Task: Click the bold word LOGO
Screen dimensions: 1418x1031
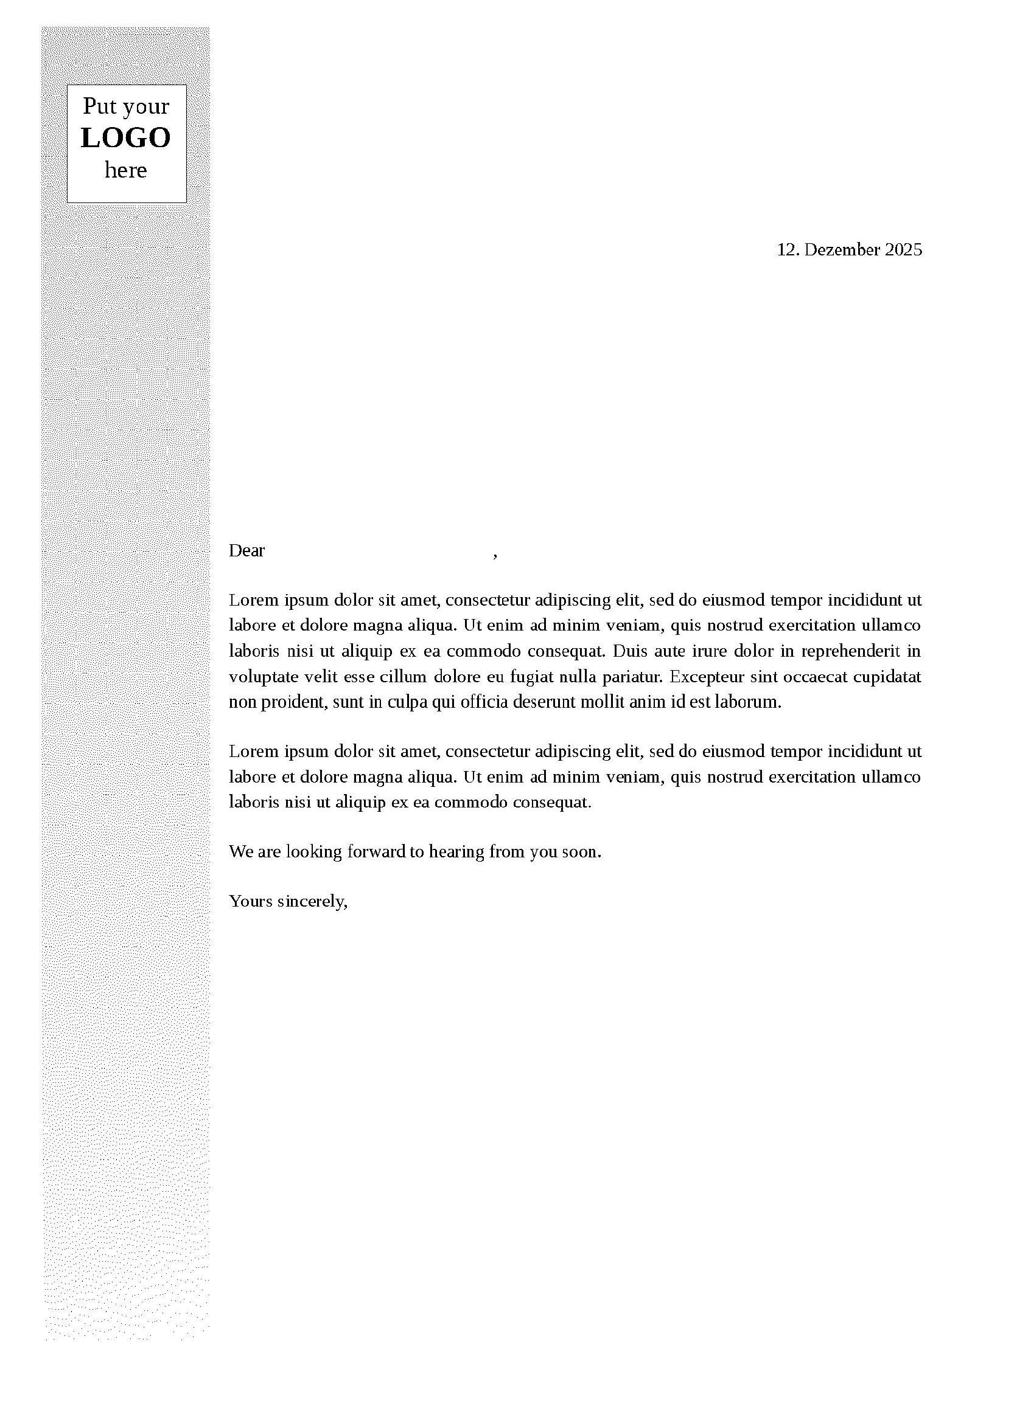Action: [x=126, y=138]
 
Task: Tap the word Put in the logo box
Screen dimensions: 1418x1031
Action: [x=99, y=106]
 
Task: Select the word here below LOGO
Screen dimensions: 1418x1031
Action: [x=126, y=170]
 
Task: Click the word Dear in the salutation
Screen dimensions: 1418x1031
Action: [x=246, y=551]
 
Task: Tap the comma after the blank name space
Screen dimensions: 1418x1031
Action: [x=495, y=555]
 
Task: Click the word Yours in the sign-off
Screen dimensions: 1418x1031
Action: [x=250, y=902]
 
